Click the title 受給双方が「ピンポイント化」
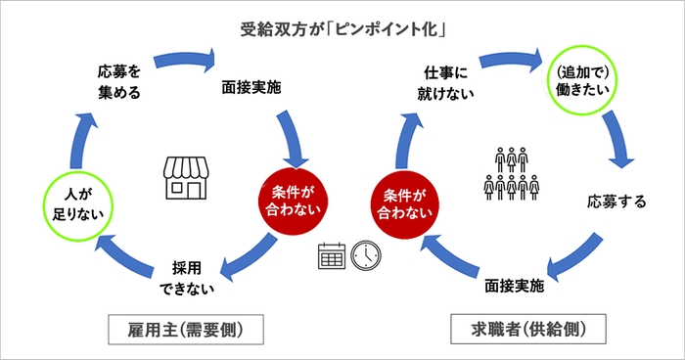[x=342, y=27]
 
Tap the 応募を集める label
[x=119, y=82]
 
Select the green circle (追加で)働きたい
[x=584, y=81]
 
